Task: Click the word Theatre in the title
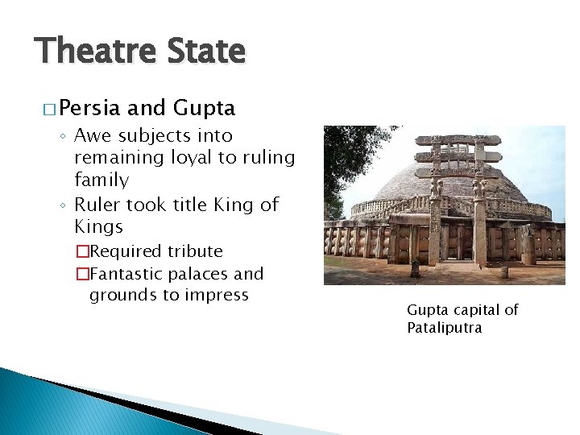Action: click(x=89, y=52)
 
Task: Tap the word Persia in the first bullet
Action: click(x=89, y=108)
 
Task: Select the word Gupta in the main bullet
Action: click(x=204, y=108)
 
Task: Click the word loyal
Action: click(x=193, y=157)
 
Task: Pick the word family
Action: click(x=101, y=180)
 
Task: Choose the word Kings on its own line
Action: click(x=98, y=226)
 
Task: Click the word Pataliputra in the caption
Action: click(x=445, y=328)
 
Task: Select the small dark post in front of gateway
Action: click(x=415, y=267)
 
